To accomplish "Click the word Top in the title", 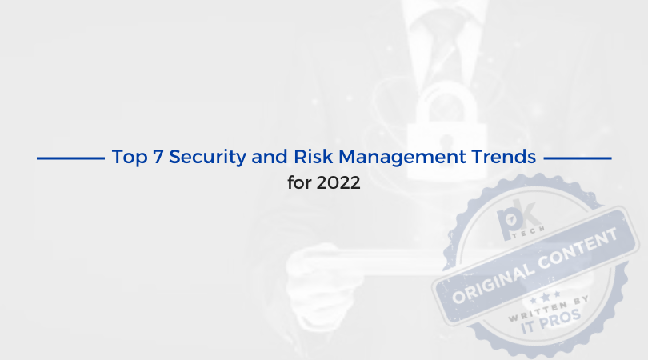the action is (x=130, y=158).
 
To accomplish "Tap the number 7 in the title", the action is (x=158, y=157).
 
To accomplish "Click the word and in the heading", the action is (x=270, y=157).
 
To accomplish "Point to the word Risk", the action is (x=314, y=157).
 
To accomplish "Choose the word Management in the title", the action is (x=402, y=158).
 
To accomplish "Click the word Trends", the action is (x=504, y=157).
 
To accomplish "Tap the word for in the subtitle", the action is (x=300, y=182).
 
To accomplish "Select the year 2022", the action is (x=338, y=182).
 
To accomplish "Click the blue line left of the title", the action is (x=70, y=158).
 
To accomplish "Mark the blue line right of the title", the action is (x=578, y=158).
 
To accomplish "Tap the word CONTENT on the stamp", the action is (x=578, y=247).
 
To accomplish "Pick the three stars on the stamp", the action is (x=545, y=297).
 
